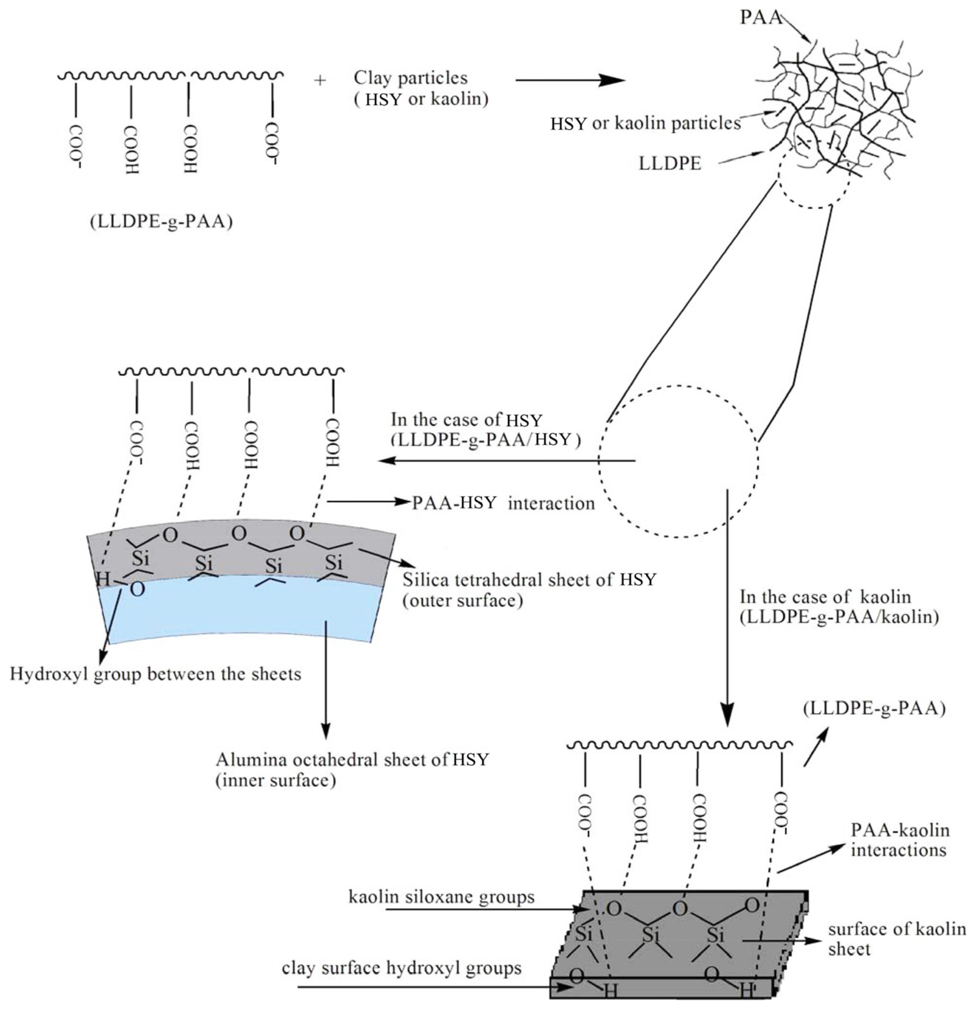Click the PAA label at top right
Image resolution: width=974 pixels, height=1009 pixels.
760,17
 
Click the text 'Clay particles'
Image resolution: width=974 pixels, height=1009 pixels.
410,78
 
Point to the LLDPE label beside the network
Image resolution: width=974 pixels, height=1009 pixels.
670,163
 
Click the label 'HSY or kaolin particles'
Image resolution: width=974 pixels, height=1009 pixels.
645,124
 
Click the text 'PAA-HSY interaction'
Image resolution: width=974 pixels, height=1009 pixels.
503,503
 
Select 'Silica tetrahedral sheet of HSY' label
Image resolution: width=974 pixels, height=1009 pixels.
529,580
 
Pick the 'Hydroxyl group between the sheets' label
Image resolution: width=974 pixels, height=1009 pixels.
155,674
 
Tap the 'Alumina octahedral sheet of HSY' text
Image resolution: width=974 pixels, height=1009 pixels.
352,759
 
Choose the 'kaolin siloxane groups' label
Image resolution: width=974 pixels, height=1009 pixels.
441,897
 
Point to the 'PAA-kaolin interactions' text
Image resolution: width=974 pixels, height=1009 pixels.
899,840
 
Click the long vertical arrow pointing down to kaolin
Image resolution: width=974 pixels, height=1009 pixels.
727,607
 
